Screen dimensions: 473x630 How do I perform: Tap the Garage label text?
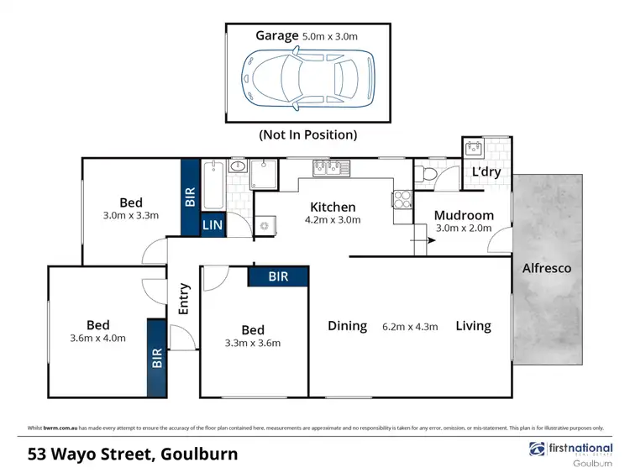[277, 36]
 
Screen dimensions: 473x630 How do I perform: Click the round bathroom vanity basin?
[237, 166]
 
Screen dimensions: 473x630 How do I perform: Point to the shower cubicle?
[265, 174]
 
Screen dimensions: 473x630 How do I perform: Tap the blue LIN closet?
[211, 224]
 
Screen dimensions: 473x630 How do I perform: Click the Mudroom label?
[464, 215]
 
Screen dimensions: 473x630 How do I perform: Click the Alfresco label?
[547, 268]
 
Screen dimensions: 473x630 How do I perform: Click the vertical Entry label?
[184, 298]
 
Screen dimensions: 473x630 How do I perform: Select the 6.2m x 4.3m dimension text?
[411, 327]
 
